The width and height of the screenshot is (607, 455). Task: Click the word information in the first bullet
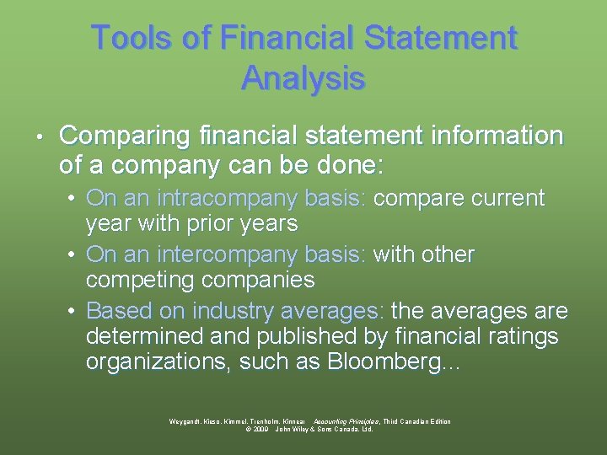point(497,136)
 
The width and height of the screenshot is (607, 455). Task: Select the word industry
point(230,311)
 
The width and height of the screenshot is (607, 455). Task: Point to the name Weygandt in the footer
point(187,421)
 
